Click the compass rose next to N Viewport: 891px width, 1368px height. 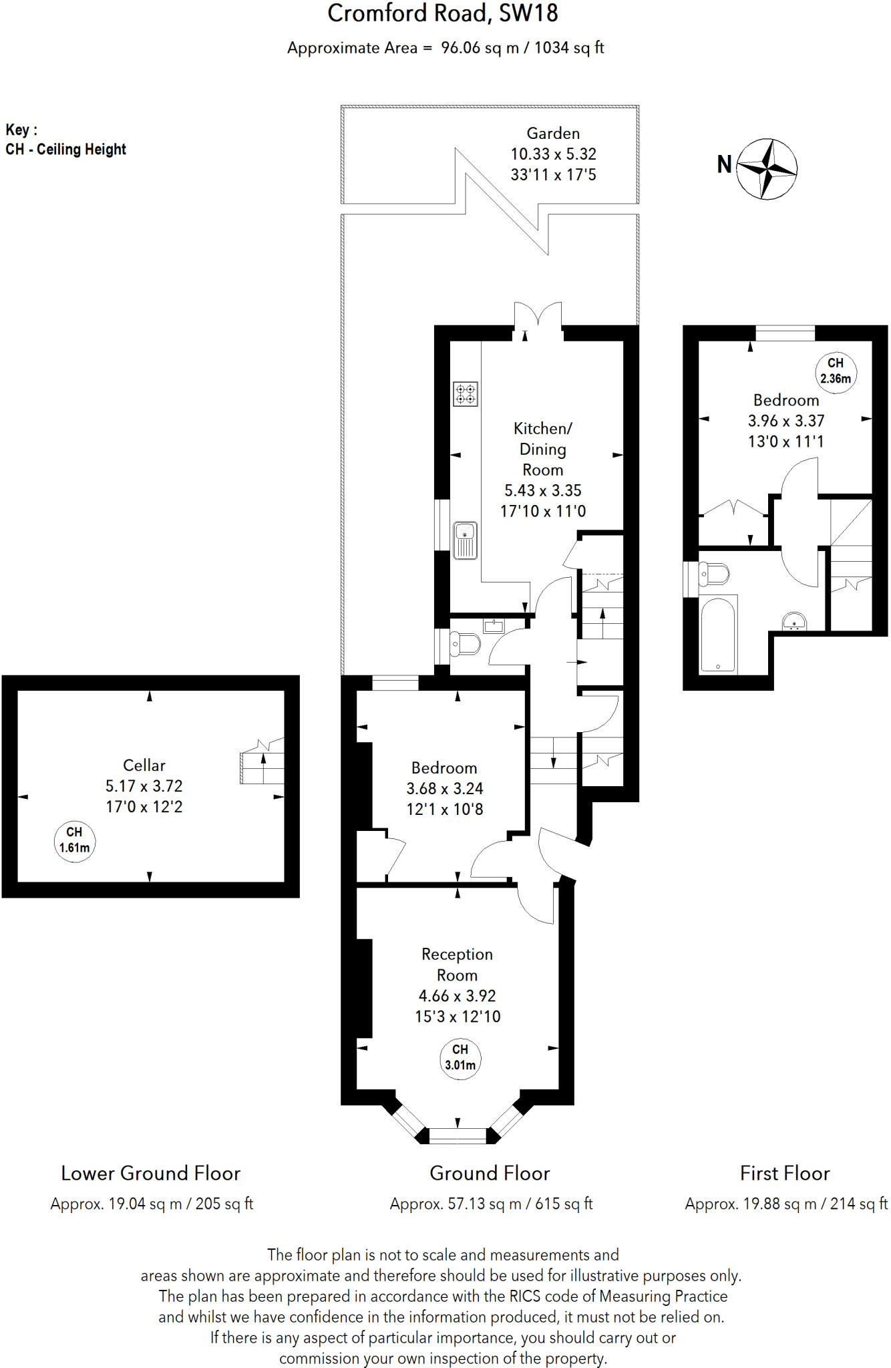click(767, 169)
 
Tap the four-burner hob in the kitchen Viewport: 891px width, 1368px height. click(466, 394)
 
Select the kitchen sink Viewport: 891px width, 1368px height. click(465, 540)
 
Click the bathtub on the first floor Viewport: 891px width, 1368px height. click(718, 635)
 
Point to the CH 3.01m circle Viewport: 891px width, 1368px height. click(460, 1057)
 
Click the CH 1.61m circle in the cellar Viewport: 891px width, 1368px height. click(74, 840)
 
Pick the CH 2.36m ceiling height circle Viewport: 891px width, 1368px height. click(836, 371)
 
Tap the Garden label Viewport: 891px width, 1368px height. click(553, 134)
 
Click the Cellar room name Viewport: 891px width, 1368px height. click(144, 765)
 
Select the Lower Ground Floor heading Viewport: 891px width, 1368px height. click(150, 1174)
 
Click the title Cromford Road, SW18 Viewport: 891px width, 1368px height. click(442, 13)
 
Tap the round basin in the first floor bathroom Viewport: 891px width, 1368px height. click(794, 622)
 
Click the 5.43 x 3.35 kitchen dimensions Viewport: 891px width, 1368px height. click(542, 490)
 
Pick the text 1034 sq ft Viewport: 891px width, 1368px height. click(569, 47)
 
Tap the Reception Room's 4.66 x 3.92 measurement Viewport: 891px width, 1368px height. click(457, 996)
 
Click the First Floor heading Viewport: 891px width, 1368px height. click(785, 1174)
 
